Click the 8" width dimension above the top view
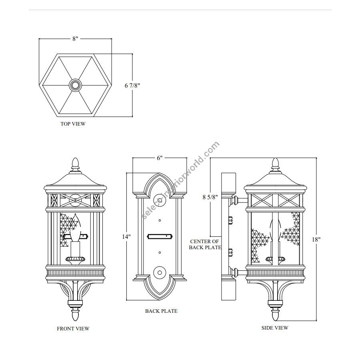[75, 39]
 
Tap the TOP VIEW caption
[73, 124]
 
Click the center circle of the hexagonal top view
[75, 85]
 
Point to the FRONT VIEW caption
[73, 329]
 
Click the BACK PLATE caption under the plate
[161, 311]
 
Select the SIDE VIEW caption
[275, 328]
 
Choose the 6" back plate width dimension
[160, 158]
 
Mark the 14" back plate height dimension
[126, 236]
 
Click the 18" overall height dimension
[316, 239]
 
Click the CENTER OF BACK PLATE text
[205, 244]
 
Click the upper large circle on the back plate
[159, 199]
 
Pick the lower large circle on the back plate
[159, 272]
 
